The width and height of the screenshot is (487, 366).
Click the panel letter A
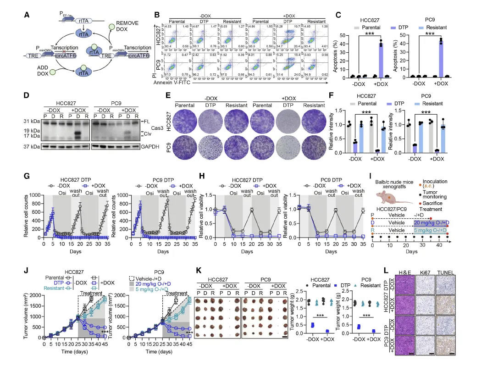coord(27,15)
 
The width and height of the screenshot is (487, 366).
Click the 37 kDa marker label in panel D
coord(31,146)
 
